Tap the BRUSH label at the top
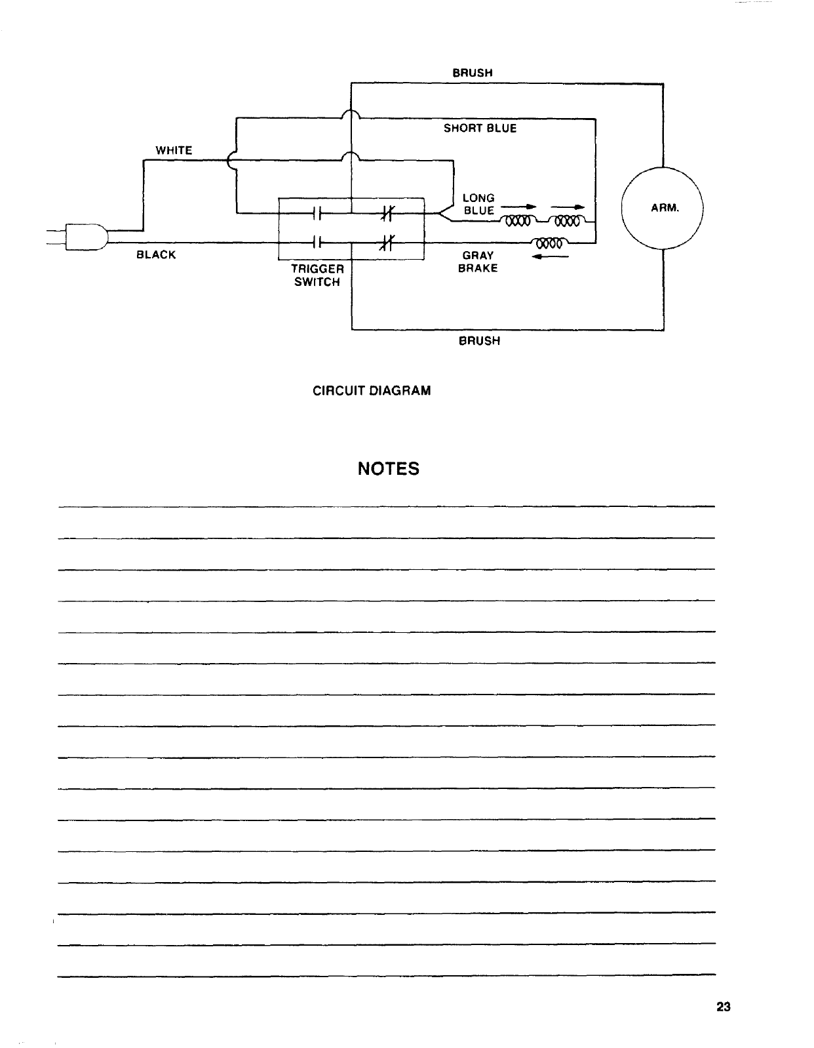click(473, 73)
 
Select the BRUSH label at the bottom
click(479, 341)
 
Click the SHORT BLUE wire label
click(480, 129)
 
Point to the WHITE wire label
click(174, 150)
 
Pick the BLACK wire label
click(156, 255)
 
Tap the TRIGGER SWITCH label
click(317, 275)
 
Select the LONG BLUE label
click(478, 204)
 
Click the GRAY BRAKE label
click(478, 262)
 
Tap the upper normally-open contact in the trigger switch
click(317, 212)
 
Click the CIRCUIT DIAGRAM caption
click(372, 391)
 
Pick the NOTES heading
click(389, 469)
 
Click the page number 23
click(724, 1007)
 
